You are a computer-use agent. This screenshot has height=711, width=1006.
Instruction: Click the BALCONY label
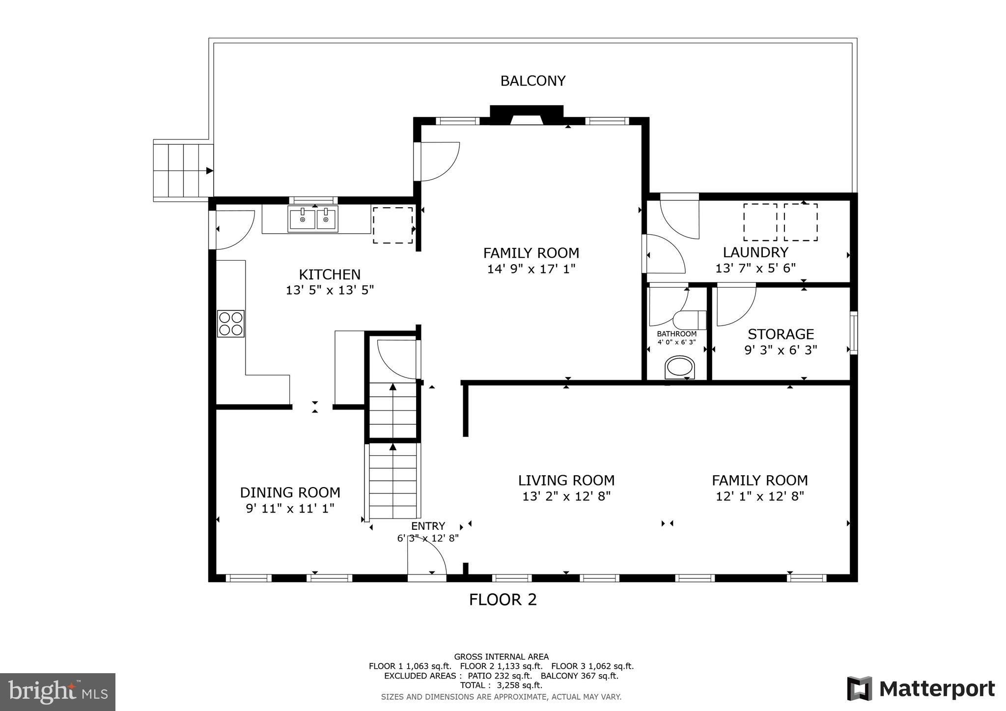[x=532, y=81]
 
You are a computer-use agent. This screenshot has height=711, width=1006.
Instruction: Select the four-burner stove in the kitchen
[x=230, y=324]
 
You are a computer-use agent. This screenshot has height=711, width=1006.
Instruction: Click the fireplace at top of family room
[x=526, y=116]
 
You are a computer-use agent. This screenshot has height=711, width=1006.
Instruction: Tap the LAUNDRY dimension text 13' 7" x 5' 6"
[x=755, y=268]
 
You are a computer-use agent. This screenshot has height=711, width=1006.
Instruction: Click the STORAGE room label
[x=781, y=334]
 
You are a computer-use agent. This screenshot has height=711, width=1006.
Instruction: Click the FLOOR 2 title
[x=503, y=600]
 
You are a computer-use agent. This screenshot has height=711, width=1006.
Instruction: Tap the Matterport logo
[x=921, y=688]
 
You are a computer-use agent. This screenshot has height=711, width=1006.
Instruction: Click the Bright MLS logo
[x=57, y=692]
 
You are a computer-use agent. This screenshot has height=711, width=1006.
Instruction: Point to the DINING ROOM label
[x=290, y=492]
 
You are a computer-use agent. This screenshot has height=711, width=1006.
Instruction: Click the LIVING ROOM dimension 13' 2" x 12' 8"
[x=566, y=496]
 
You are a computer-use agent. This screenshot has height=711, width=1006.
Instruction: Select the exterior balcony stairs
[x=183, y=170]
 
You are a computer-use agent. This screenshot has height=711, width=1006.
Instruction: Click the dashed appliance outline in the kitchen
[x=392, y=225]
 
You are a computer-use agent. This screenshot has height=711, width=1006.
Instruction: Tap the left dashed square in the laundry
[x=759, y=222]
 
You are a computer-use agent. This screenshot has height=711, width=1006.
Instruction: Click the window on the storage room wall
[x=854, y=332]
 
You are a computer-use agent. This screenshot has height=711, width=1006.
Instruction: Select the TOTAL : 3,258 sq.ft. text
[x=501, y=685]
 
